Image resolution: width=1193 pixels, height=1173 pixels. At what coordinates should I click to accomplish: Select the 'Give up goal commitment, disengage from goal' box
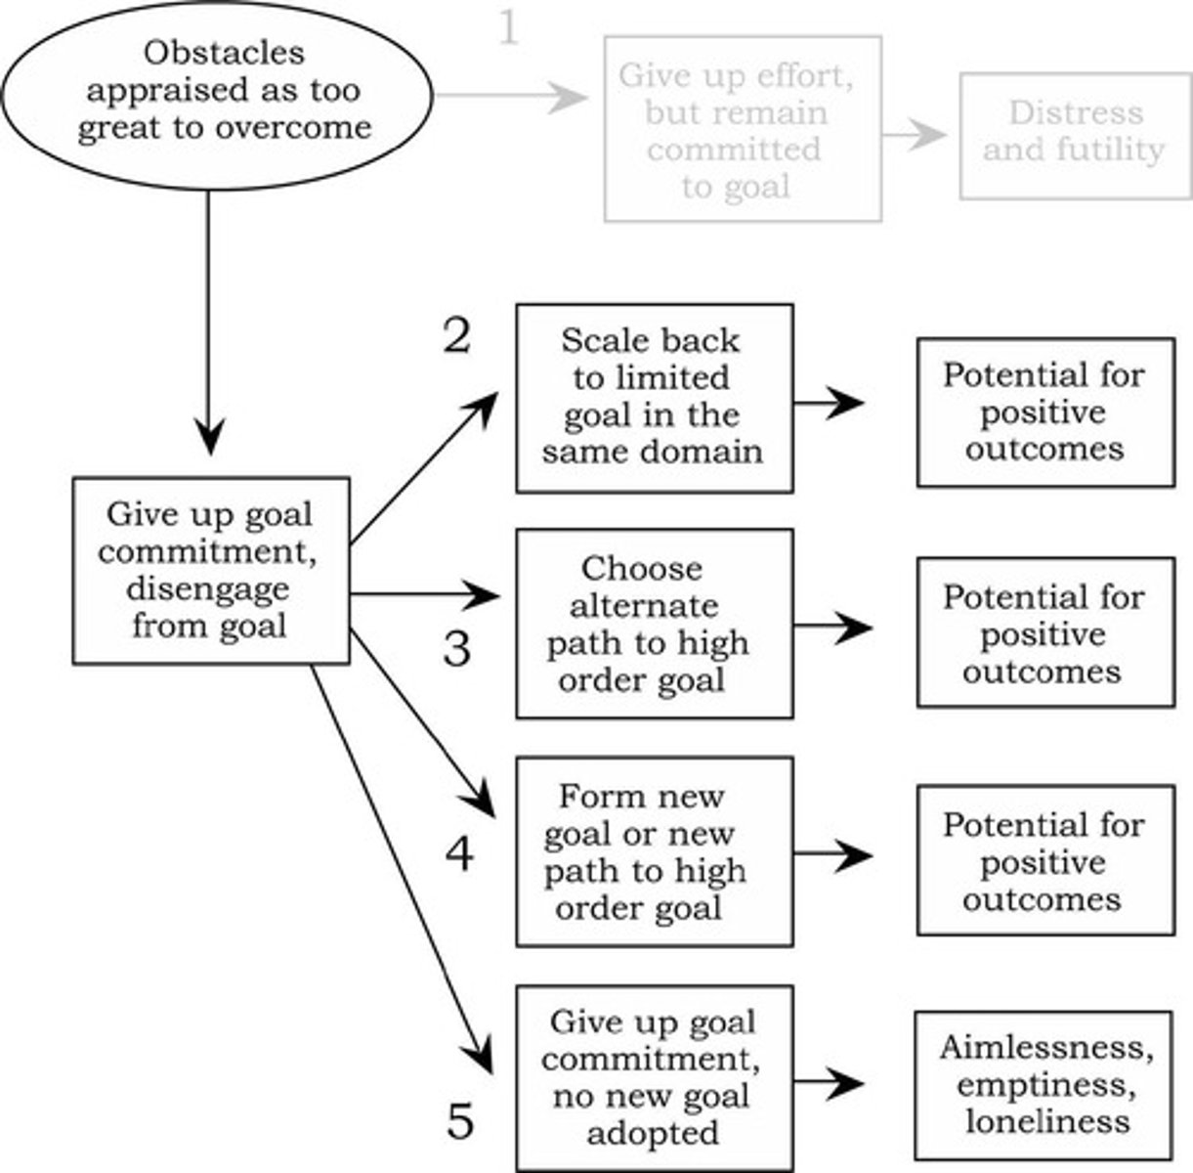(x=210, y=571)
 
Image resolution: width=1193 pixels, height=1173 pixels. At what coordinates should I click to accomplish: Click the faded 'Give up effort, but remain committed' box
(x=743, y=130)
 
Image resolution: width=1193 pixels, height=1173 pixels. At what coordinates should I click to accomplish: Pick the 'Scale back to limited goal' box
(x=654, y=397)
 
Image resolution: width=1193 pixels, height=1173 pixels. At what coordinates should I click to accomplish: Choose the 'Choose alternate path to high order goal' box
(x=654, y=624)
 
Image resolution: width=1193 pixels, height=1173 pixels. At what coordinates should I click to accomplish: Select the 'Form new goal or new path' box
(x=654, y=851)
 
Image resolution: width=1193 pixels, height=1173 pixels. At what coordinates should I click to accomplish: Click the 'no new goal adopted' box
(x=654, y=1077)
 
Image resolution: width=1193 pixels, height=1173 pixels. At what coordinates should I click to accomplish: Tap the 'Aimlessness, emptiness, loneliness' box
(x=1044, y=1084)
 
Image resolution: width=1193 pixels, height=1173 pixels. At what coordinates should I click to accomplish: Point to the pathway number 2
(x=456, y=336)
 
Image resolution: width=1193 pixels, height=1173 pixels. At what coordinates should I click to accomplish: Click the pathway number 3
(x=456, y=648)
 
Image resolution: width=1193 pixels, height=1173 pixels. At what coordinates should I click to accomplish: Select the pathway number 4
(x=458, y=854)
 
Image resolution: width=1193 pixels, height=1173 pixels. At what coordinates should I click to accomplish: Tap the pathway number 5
(x=460, y=1120)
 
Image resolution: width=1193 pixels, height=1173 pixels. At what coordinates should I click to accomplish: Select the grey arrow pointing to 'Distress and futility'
(x=915, y=136)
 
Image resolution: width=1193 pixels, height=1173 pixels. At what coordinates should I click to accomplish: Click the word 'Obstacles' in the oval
(x=224, y=52)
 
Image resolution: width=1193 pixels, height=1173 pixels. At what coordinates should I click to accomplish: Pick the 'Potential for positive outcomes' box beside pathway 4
(x=1045, y=859)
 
